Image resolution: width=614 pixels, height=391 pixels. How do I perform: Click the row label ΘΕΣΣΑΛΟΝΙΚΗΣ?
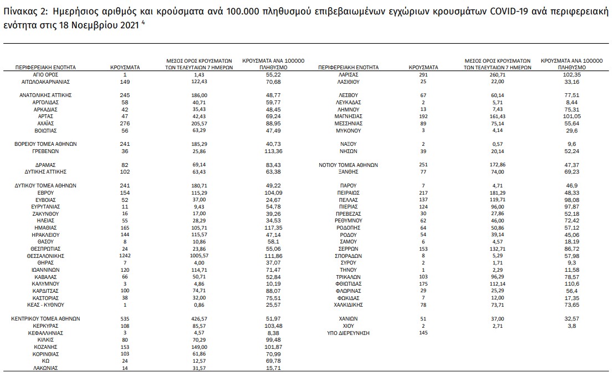[46, 256]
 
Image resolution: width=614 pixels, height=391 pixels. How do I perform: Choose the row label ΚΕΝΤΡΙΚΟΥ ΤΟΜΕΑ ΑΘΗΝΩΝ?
[46, 318]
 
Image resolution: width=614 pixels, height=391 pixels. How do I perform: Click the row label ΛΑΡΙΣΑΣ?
[349, 74]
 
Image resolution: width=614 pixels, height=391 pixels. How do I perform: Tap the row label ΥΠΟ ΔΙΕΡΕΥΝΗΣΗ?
[349, 333]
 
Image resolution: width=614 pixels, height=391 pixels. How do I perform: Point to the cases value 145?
[424, 333]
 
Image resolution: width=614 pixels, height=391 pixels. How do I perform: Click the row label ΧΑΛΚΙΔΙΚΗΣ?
[349, 304]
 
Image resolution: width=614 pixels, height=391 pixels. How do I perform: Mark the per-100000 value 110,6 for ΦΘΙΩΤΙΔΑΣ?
[570, 283]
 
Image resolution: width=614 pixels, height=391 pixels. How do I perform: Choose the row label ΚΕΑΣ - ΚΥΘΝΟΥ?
[46, 304]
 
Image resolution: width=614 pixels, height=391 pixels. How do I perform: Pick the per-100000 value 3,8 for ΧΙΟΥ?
[570, 326]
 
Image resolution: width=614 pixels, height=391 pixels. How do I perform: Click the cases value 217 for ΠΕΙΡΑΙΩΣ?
[424, 192]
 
